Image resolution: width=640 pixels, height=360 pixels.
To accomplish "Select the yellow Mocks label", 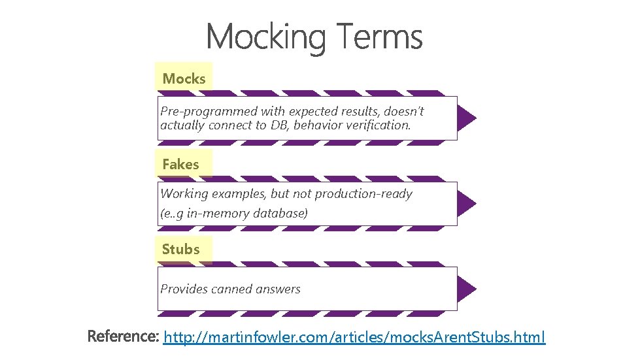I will [184, 79].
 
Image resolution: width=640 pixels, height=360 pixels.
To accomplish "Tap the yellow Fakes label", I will [180, 165].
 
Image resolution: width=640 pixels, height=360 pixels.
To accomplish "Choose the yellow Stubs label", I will [181, 250].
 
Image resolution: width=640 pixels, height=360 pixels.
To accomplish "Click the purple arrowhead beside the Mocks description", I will [466, 118].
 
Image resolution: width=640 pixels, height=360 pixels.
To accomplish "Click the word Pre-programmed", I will [201, 112].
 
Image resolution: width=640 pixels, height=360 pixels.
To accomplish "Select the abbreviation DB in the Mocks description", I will [278, 125].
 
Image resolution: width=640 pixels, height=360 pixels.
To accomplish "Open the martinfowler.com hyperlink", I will [354, 337].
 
